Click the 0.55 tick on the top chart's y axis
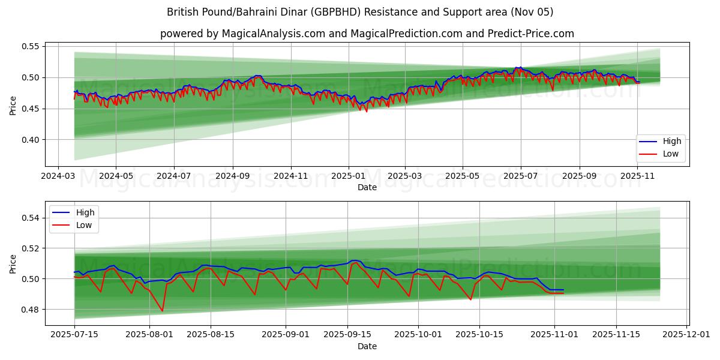point(31,46)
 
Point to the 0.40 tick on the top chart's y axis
point(31,140)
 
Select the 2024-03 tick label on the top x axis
point(58,177)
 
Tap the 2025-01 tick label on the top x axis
point(349,177)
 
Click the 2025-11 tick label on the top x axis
point(638,177)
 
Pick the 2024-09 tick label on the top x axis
point(232,177)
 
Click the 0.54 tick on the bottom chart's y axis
point(31,218)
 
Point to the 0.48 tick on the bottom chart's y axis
point(31,310)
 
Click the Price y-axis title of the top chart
point(13,106)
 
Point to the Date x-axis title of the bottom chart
point(367,347)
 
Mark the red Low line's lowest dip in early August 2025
point(162,311)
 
